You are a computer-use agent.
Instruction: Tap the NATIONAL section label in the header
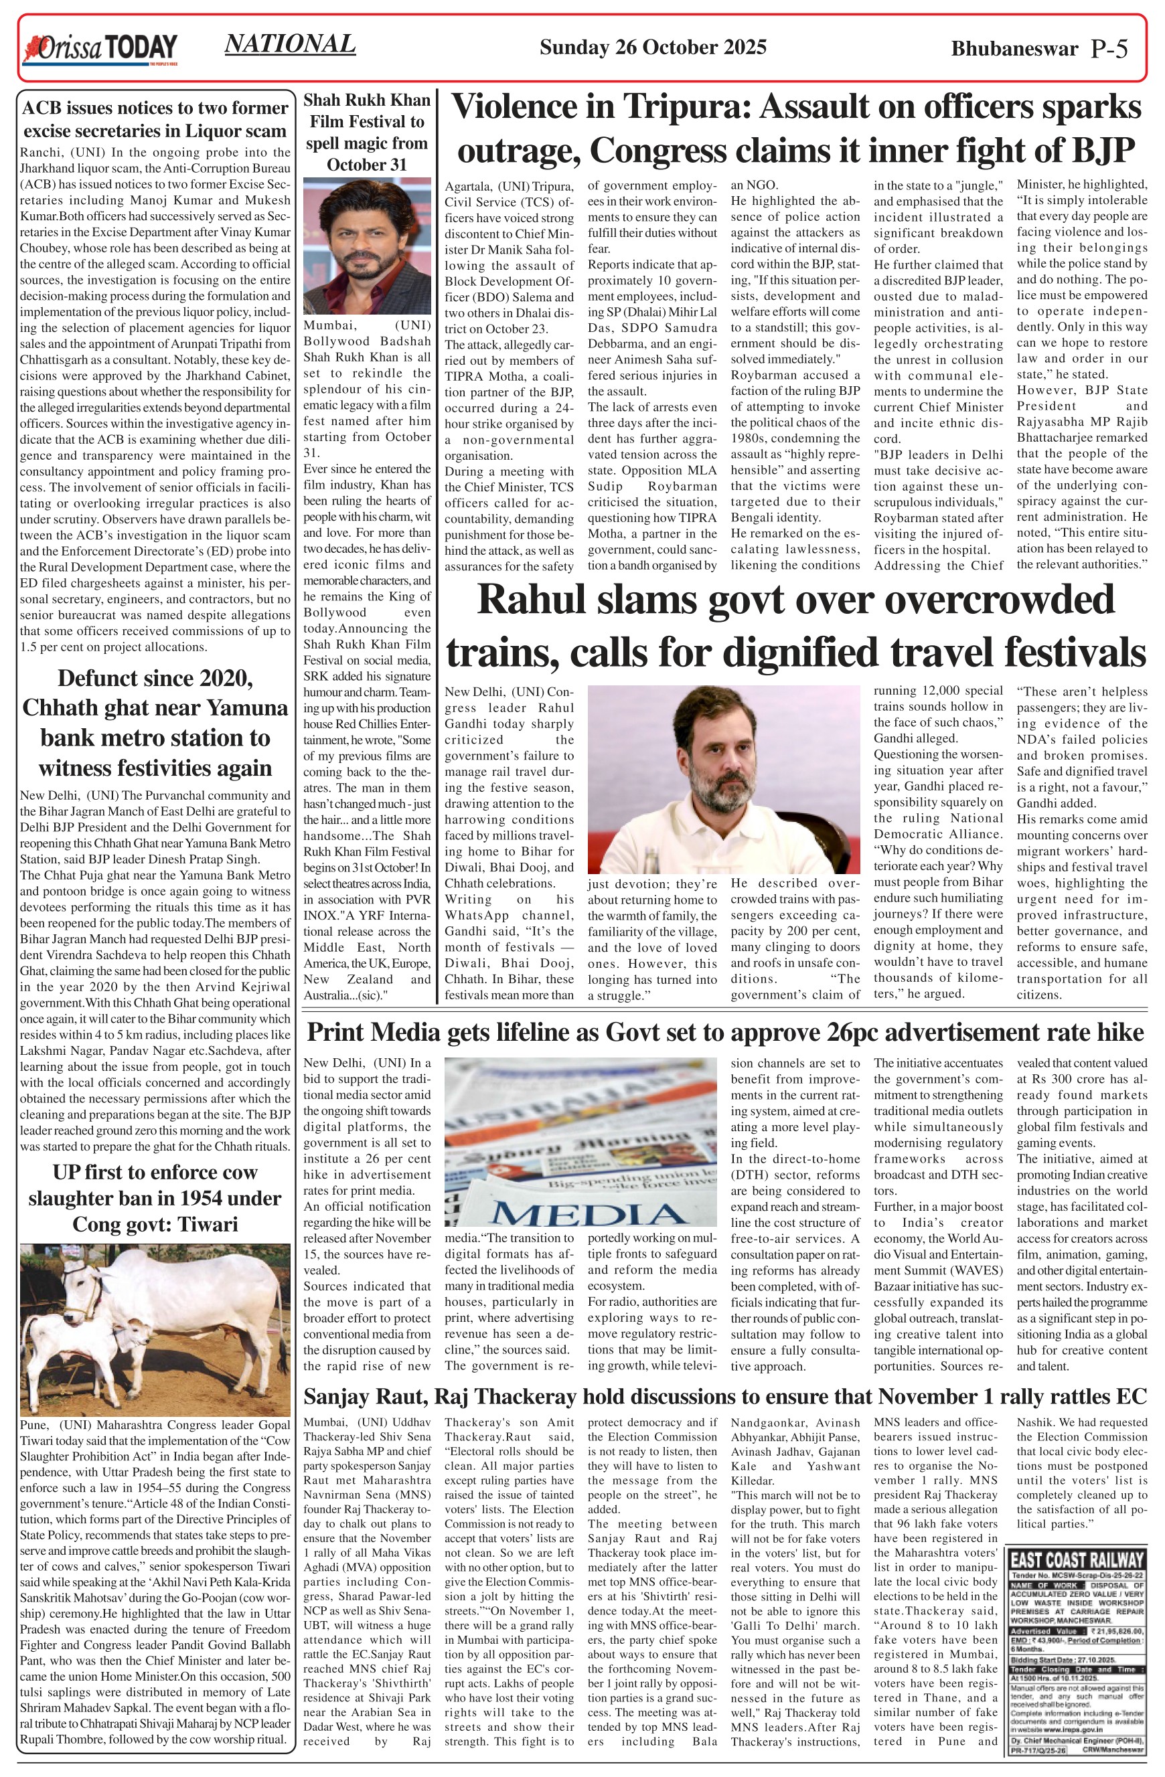(x=290, y=44)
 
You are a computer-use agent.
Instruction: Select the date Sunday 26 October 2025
(x=653, y=48)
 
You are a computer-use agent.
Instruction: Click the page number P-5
(x=1109, y=49)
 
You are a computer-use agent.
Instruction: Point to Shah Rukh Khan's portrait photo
(x=367, y=246)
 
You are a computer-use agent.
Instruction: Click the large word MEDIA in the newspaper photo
(x=589, y=1214)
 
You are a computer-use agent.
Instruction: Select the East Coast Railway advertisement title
(x=1076, y=1560)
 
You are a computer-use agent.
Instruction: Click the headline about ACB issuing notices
(x=155, y=119)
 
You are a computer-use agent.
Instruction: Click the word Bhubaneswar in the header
(x=1014, y=50)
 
